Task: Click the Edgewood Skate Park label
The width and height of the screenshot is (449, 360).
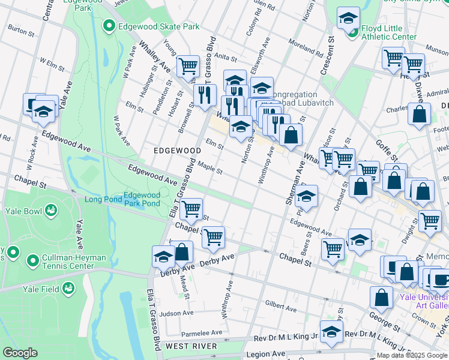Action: click(x=151, y=26)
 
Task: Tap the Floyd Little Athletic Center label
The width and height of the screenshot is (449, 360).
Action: click(x=388, y=32)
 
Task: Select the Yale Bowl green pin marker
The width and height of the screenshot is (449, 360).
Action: click(x=52, y=211)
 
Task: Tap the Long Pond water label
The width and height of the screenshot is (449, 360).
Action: click(x=103, y=199)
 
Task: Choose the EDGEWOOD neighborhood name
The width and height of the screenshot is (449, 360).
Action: click(x=176, y=150)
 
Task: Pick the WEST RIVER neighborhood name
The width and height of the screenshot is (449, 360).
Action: click(x=190, y=346)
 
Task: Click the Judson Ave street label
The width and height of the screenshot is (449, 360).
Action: click(x=176, y=313)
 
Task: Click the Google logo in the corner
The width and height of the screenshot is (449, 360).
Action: click(x=21, y=353)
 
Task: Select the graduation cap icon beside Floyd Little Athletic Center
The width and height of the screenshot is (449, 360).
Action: click(x=348, y=18)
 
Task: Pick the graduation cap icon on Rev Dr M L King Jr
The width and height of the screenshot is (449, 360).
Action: click(x=331, y=331)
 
